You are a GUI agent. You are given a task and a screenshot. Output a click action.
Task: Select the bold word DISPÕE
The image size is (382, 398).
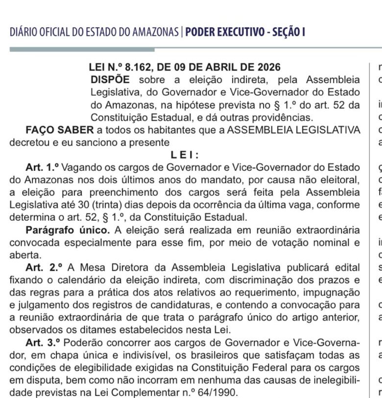pyautogui.click(x=110, y=80)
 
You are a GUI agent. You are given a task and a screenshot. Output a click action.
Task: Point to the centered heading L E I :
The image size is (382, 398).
pyautogui.click(x=185, y=155)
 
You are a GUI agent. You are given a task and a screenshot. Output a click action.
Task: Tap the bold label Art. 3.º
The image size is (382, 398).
pyautogui.click(x=43, y=342)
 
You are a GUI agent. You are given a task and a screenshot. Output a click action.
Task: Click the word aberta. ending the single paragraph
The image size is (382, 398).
pyautogui.click(x=25, y=255)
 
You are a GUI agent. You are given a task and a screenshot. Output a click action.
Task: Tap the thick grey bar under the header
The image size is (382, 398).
pyautogui.click(x=82, y=49)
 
